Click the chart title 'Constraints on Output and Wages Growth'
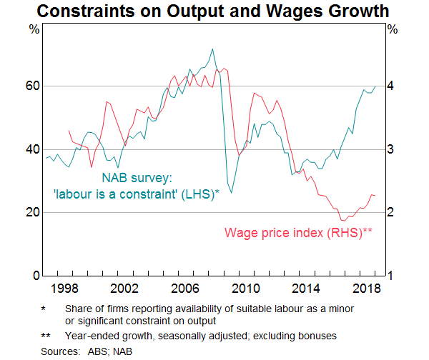point(214,11)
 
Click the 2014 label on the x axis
point(310,289)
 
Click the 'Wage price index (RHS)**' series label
point(298,232)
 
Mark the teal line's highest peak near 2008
point(212,49)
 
